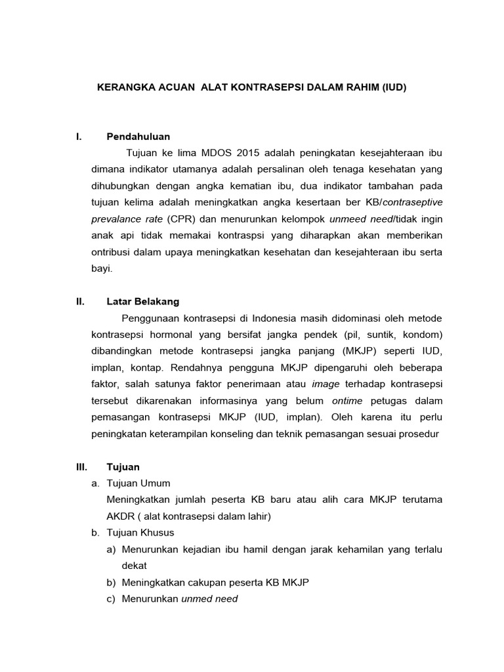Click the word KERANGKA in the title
coord(125,87)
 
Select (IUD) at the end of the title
coord(394,87)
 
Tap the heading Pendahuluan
coord(138,136)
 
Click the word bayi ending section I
coord(101,268)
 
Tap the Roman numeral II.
coord(80,302)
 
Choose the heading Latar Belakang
coord(142,302)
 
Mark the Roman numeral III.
coord(81,467)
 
